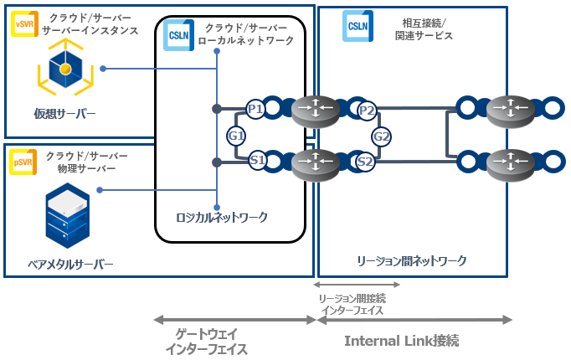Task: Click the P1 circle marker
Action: (255, 109)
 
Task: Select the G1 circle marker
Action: (236, 136)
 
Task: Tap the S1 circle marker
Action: (257, 159)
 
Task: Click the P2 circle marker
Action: (366, 110)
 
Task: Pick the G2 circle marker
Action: (381, 136)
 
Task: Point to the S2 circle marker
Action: (365, 162)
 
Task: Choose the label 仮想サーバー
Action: (64, 114)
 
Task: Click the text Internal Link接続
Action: (402, 342)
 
